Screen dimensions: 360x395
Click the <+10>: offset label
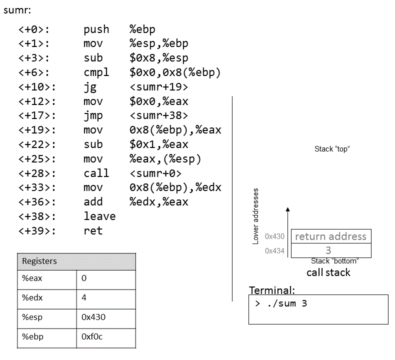click(x=37, y=87)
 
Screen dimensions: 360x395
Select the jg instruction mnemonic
click(x=90, y=87)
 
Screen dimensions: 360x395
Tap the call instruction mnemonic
click(x=96, y=173)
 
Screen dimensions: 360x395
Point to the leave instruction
click(x=99, y=216)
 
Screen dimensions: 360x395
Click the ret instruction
click(x=93, y=231)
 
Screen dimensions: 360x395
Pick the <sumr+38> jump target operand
click(x=158, y=116)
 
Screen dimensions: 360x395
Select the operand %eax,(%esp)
click(x=165, y=159)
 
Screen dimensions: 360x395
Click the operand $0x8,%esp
click(x=158, y=58)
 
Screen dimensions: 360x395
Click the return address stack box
click(x=330, y=236)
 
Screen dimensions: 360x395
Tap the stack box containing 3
click(x=330, y=250)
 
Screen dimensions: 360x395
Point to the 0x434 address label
click(x=274, y=250)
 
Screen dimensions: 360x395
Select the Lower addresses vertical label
click(x=256, y=215)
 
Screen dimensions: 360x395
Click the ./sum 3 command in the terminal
click(x=281, y=303)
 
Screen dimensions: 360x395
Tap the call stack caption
click(x=328, y=272)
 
